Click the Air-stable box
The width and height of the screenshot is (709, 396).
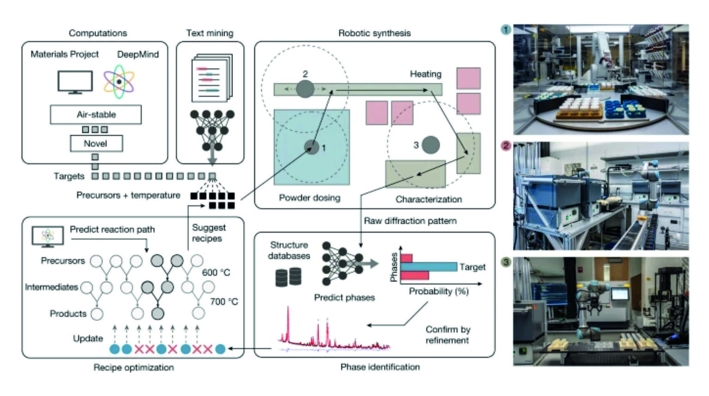coord(96,114)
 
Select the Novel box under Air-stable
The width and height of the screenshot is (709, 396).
coord(96,144)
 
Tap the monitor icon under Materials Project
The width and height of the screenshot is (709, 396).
coord(75,82)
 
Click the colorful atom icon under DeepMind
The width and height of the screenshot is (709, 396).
coord(119,82)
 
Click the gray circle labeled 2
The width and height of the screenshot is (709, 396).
coord(305,89)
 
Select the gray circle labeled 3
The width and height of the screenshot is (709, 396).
coord(430,145)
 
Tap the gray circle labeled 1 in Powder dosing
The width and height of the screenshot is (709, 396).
coord(312,147)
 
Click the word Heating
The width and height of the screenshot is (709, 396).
coord(425,74)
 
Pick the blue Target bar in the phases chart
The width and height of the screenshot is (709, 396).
coord(428,267)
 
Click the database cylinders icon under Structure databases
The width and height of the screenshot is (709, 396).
coord(288,277)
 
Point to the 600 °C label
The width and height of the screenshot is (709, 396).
coord(216,272)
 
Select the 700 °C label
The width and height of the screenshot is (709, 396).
coord(224,301)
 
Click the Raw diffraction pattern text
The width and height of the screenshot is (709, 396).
coord(410,221)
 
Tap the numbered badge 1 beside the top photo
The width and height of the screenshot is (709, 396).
coord(506,30)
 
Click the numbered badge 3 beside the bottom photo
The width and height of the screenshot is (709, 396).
coord(506,262)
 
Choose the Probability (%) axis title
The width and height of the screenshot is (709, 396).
coord(439,291)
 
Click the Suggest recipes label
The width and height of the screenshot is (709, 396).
coord(209,233)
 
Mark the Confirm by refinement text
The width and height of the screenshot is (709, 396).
coord(447,335)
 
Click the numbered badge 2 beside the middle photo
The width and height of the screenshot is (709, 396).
coord(506,146)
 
